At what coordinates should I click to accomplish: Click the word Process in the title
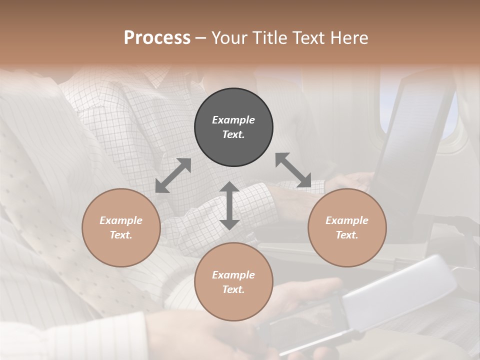tap(157, 38)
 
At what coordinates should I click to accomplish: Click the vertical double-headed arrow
tap(229, 205)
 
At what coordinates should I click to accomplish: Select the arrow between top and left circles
tap(173, 175)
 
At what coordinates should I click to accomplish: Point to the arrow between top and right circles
tap(293, 170)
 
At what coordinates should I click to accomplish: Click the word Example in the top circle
tap(233, 120)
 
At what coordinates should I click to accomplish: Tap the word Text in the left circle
tap(121, 235)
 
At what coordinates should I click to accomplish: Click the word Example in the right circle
tap(347, 220)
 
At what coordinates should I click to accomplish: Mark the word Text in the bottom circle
tap(233, 289)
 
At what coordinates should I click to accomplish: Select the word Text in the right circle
tap(347, 235)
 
